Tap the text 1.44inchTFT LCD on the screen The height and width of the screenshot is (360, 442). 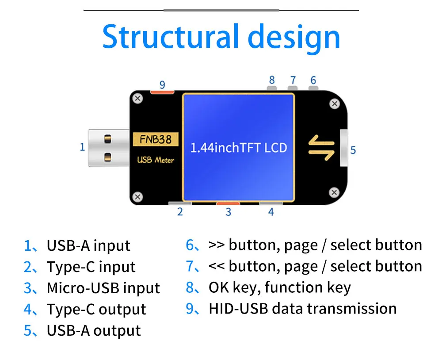coord(239,148)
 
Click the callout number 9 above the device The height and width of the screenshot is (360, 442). coord(162,84)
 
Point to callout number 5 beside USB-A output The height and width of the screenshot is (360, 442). coord(353,150)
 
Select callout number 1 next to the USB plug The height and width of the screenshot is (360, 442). coord(82,147)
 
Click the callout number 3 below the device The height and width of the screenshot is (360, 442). coord(228,212)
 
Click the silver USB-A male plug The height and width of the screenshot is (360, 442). coord(106,147)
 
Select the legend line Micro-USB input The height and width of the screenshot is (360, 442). coord(103,288)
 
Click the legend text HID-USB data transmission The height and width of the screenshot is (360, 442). coord(302,308)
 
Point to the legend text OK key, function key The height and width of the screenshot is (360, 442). coord(279,287)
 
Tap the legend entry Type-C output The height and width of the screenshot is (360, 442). coord(96,310)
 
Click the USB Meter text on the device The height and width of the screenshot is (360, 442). coord(156,160)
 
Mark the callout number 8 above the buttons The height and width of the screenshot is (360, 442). coord(272,80)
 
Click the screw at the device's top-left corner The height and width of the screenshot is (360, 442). coord(138,98)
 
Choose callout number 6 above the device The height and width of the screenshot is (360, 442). coord(313,80)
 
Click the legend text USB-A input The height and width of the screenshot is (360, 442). coord(88,246)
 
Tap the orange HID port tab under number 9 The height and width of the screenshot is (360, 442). coord(162,92)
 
